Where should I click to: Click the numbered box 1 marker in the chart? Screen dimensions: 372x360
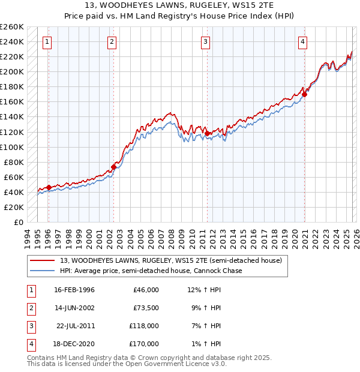[x=47, y=41]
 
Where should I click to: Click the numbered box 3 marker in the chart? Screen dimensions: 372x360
[x=205, y=41]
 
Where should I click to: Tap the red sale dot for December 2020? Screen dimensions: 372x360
[x=305, y=94]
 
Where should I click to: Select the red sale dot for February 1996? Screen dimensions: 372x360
[x=49, y=187]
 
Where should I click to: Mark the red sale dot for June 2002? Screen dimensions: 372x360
[x=113, y=167]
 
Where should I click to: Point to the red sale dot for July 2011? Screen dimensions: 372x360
[x=206, y=133]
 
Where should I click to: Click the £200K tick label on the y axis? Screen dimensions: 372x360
[x=13, y=71]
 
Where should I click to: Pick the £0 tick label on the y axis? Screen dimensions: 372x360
[x=18, y=222]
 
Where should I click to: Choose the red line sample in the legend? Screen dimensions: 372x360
[x=43, y=260]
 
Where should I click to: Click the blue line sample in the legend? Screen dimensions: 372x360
[x=43, y=271]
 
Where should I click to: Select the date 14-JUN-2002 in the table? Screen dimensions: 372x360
[x=74, y=308]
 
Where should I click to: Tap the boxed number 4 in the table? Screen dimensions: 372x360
[x=31, y=344]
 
